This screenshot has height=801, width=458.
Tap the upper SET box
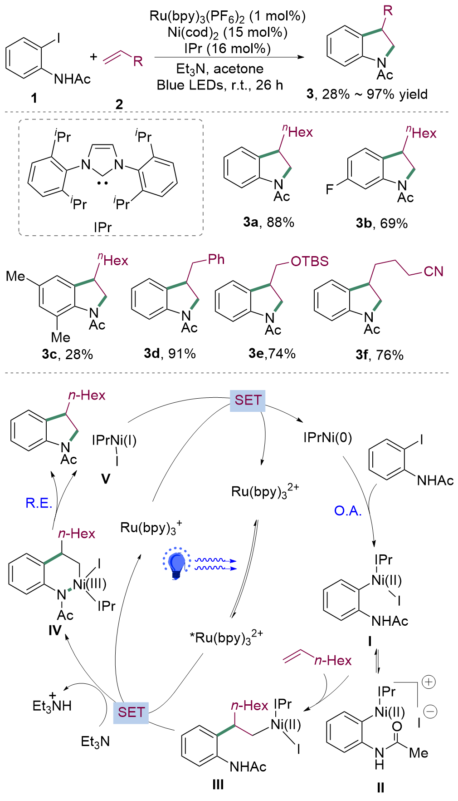click(248, 400)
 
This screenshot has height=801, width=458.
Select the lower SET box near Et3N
click(131, 712)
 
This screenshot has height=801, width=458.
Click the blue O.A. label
click(348, 511)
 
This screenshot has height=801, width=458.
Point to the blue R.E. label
click(39, 503)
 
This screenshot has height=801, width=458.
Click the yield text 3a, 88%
click(268, 222)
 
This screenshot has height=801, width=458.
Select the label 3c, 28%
click(67, 354)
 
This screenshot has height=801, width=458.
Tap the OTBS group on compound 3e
click(309, 262)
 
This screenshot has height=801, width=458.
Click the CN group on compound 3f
click(433, 272)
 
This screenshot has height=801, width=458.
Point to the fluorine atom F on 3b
click(330, 189)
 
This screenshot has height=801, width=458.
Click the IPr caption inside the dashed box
click(102, 227)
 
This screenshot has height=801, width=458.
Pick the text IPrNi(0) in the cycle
click(327, 438)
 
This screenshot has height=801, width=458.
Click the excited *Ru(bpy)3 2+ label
click(226, 638)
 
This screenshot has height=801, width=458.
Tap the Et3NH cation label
click(52, 705)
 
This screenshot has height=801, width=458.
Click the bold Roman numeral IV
click(54, 630)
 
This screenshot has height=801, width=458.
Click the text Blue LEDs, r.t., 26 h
click(220, 85)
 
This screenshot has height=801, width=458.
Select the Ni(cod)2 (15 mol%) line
click(227, 32)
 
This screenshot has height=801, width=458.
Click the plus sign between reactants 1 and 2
click(93, 57)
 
